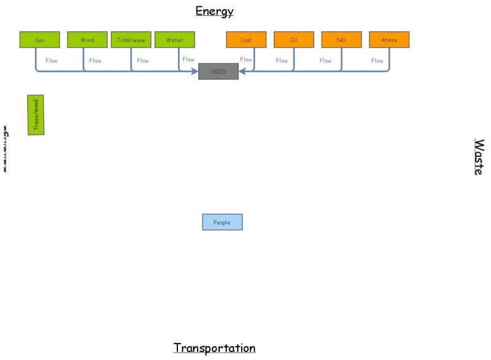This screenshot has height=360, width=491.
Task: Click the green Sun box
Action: (x=40, y=40)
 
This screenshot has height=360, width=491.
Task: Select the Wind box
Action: (x=87, y=40)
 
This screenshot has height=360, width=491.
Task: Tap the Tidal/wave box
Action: (x=131, y=40)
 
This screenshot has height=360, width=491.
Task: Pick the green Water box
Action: (x=174, y=40)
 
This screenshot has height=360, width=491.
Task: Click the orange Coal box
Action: (x=246, y=40)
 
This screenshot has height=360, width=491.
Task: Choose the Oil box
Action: (x=293, y=40)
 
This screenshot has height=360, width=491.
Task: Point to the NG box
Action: (x=341, y=40)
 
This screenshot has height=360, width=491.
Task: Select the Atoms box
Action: (x=389, y=40)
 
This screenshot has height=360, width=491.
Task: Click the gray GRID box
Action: (x=218, y=72)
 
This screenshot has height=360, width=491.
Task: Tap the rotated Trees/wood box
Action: (x=36, y=115)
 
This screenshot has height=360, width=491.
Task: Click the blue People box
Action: (x=222, y=222)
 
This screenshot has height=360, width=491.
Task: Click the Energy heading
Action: (x=214, y=11)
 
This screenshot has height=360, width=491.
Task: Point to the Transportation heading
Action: (x=214, y=348)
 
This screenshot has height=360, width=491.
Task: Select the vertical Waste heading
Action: (x=478, y=157)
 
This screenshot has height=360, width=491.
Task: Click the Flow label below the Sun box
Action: (x=52, y=61)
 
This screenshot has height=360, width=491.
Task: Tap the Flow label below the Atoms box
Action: (x=377, y=61)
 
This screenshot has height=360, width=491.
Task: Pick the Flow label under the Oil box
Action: (x=282, y=61)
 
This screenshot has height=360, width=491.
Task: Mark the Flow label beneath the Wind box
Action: (x=95, y=61)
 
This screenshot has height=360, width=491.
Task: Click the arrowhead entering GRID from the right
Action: (x=242, y=72)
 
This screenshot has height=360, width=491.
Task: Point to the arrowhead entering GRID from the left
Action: (x=195, y=72)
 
